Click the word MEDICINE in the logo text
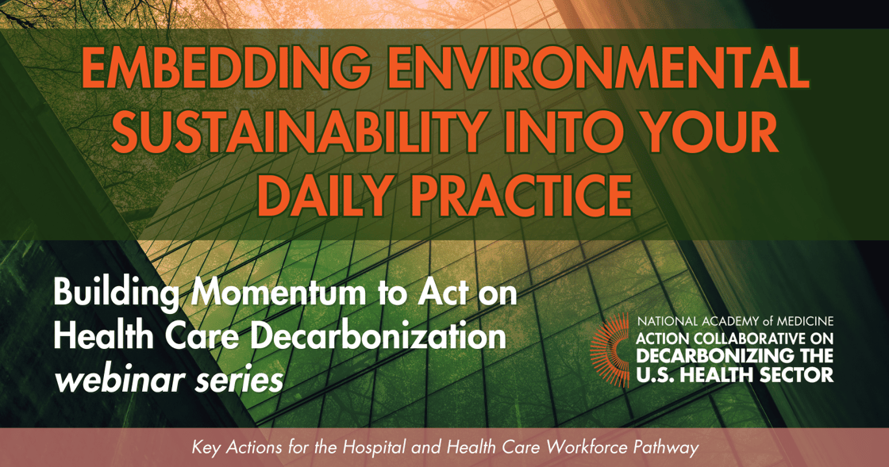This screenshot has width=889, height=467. point(799,322)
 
